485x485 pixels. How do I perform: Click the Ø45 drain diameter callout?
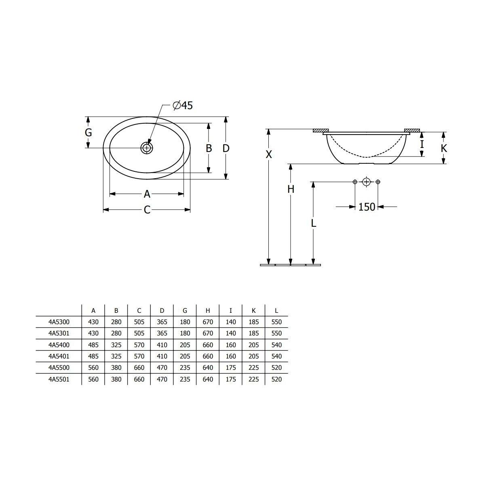(183, 105)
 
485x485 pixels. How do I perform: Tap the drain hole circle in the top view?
(146, 148)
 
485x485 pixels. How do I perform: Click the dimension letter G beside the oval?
(89, 133)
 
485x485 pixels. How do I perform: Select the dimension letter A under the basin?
(147, 194)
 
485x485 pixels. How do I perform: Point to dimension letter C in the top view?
(147, 210)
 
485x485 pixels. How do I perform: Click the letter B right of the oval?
(209, 148)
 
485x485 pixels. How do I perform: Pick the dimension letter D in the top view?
(226, 148)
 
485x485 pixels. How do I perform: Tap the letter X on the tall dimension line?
(269, 154)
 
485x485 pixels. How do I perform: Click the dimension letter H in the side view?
(291, 189)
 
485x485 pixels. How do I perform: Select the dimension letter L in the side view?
(313, 223)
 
